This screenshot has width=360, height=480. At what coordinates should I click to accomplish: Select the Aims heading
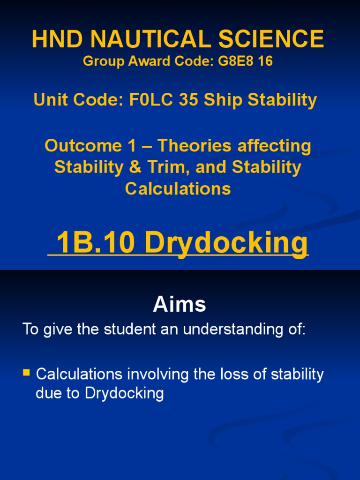click(180, 305)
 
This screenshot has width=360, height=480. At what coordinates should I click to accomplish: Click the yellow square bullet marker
click(26, 374)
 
